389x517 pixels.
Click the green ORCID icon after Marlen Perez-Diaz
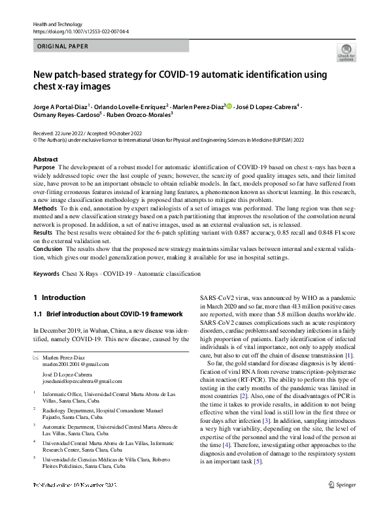229,106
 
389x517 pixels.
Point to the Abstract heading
45,159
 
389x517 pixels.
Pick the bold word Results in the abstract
42,233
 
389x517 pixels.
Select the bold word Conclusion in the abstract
48,249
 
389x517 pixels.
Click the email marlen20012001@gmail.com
71,364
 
